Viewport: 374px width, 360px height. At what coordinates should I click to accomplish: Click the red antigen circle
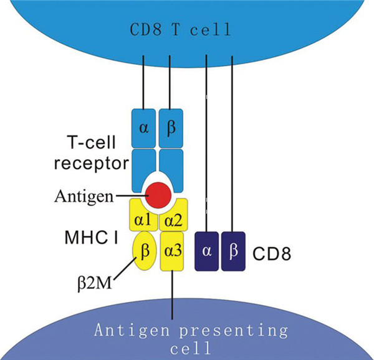158,195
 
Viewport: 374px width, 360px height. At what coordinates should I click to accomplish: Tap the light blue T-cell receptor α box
143,128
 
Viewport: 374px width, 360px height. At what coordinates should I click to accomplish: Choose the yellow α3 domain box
173,252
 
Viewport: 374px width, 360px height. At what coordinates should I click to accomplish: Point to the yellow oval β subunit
144,251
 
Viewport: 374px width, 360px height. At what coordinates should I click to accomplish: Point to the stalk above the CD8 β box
233,144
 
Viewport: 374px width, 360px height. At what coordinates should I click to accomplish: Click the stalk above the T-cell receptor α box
144,81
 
